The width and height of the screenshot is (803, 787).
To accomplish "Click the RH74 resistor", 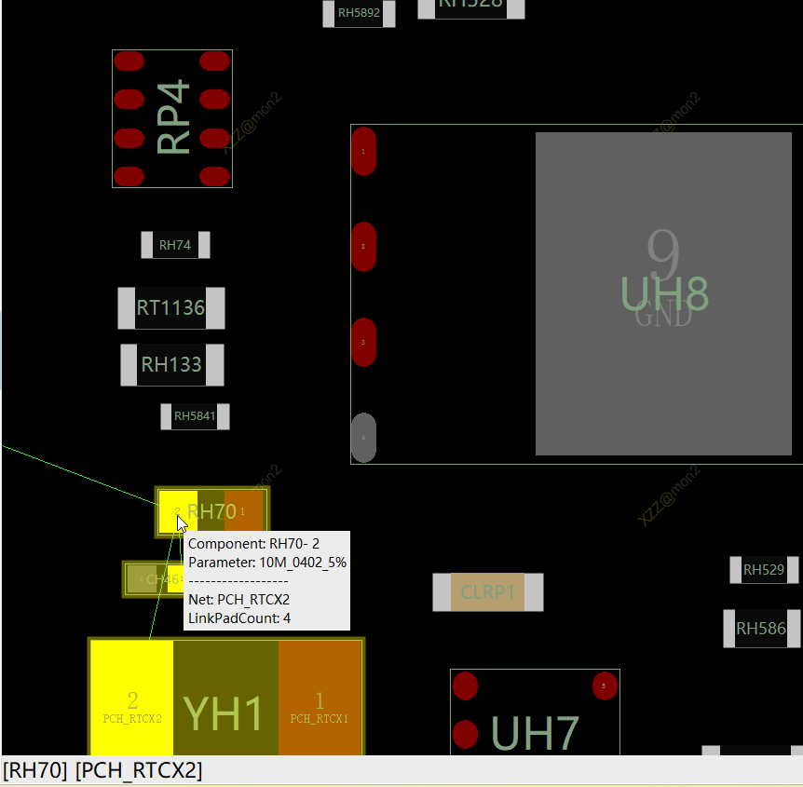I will [175, 245].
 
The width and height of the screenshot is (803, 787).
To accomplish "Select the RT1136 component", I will [171, 308].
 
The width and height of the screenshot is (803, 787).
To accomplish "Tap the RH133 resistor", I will [172, 364].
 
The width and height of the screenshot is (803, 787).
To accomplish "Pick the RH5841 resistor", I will [195, 416].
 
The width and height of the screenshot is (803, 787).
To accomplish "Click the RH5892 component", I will [359, 13].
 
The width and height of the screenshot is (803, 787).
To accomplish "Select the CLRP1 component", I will [487, 592].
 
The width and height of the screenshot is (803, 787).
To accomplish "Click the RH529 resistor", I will [763, 570].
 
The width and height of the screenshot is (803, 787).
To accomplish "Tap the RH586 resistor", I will [761, 629].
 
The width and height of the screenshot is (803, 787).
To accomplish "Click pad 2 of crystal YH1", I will [132, 698].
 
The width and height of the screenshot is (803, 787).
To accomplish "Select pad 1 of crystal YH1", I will [320, 698].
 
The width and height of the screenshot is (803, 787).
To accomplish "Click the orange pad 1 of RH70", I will [244, 511].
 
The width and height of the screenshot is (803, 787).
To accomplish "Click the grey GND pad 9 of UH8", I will [663, 293].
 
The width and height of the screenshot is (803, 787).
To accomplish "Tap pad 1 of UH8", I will [363, 151].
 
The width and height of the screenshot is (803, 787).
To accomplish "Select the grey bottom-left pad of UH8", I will [363, 437].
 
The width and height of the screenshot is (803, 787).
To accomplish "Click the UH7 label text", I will [535, 734].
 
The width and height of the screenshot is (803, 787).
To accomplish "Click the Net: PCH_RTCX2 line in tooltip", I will [238, 599].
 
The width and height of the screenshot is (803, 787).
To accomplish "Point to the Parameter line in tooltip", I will [267, 563].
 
